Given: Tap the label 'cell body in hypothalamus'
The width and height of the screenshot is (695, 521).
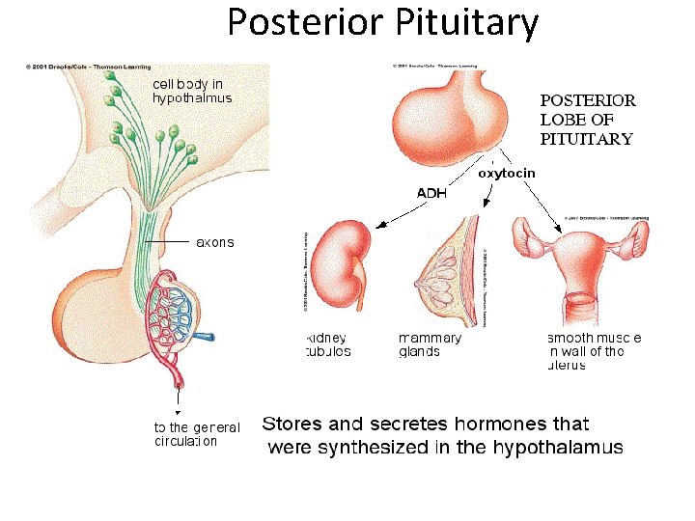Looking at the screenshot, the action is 192,91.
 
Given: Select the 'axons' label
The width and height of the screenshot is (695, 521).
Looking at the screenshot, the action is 214,242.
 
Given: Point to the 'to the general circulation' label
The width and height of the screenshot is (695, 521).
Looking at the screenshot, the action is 197,435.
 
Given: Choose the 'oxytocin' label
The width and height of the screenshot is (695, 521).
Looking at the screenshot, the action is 506,174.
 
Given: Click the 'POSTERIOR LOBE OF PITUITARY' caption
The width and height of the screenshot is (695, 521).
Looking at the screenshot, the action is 586,119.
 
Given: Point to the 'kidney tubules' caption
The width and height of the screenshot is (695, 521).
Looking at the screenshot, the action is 326,344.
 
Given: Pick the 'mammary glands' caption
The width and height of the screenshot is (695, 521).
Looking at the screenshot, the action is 430,344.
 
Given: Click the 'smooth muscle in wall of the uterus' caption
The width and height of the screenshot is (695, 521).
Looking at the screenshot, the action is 594,351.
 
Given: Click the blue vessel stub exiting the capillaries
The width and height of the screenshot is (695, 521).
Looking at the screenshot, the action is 207,338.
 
